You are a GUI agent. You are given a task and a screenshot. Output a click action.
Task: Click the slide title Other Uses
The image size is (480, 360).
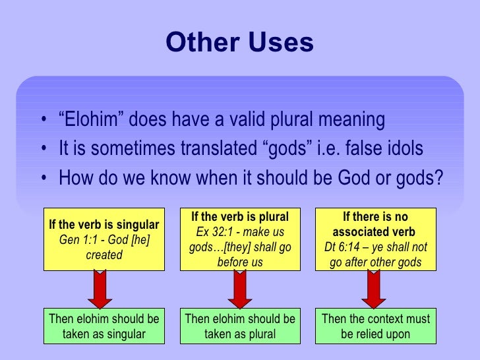click(x=239, y=42)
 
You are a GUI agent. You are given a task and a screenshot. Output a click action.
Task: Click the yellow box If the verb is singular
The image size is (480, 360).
click(x=104, y=239)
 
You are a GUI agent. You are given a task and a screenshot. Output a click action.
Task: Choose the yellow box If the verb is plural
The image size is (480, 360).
click(x=240, y=239)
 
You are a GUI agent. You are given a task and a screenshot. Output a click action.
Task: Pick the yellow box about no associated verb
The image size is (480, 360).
click(x=375, y=239)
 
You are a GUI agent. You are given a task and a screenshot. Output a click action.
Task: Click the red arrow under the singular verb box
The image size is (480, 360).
click(x=100, y=289)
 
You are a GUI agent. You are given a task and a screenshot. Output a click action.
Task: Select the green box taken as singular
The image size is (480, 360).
click(x=104, y=326)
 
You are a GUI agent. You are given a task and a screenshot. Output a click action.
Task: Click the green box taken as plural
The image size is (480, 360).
click(x=240, y=326)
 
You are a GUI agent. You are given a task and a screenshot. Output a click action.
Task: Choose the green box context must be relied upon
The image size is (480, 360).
click(x=375, y=326)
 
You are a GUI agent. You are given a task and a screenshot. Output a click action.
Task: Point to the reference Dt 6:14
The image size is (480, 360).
click(x=345, y=247)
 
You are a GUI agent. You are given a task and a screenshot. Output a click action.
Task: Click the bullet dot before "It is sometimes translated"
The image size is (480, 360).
click(x=43, y=150)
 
